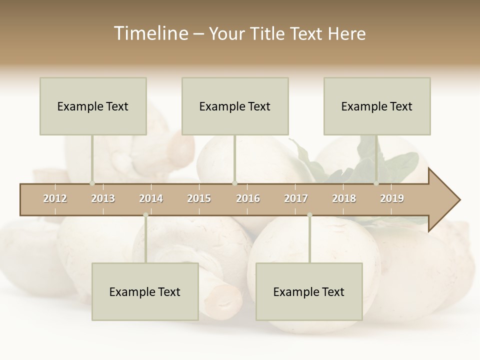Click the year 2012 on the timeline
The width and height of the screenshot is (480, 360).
[55, 198]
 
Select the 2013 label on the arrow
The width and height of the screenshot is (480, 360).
[103, 198]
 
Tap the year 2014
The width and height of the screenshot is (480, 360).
[151, 198]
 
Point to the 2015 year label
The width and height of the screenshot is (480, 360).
[199, 198]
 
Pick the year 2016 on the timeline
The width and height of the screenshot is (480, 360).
[248, 198]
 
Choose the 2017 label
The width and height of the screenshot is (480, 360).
[296, 198]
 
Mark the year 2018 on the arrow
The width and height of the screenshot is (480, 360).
[344, 198]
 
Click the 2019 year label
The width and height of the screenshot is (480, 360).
[392, 198]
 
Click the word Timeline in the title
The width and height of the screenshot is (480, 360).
[150, 33]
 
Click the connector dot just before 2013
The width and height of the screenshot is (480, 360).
[92, 183]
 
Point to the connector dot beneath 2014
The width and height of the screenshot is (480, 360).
[145, 215]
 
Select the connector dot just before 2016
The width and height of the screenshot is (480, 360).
[234, 183]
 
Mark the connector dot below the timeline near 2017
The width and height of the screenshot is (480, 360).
[309, 215]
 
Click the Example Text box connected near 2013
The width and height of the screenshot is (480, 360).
[93, 106]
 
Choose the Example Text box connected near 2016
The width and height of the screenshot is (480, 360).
[235, 106]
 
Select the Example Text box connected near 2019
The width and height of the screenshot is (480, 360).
[377, 106]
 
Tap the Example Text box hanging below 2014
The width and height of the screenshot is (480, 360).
[145, 291]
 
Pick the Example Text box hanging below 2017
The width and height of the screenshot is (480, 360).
[309, 291]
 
